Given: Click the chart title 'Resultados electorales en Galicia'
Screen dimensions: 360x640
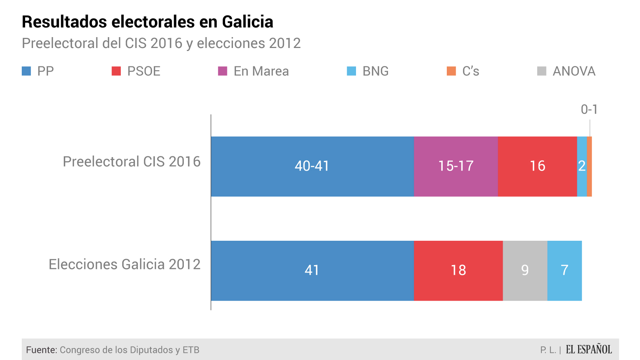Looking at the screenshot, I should [147, 22].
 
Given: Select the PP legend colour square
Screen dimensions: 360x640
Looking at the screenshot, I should [26, 71].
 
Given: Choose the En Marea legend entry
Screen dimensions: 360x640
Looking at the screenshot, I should [254, 71].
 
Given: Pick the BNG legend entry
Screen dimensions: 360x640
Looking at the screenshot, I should [368, 71].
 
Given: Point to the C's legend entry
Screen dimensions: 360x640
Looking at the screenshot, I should [463, 71].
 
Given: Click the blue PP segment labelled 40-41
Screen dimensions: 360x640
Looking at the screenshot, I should [312, 166].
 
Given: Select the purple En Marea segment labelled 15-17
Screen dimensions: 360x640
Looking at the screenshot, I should [456, 166].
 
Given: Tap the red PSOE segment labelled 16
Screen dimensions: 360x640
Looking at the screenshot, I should [537, 166].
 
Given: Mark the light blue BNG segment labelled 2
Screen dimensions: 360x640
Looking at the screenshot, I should [581, 166].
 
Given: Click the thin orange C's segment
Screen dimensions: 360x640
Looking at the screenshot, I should [589, 166].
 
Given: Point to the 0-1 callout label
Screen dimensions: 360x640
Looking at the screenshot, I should [589, 109].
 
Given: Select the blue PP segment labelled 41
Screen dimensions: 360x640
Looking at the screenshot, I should [312, 270].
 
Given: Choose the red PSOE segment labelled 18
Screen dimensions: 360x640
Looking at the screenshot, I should [458, 270].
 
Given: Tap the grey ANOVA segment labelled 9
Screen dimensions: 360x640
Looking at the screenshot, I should [525, 270].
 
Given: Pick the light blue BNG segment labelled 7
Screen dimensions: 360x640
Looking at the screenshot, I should [565, 270].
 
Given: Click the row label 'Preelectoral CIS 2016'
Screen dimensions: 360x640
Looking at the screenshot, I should [132, 162].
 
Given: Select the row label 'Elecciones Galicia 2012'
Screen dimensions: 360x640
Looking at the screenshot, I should [125, 264].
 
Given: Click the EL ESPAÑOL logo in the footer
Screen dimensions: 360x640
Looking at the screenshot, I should [589, 349].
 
